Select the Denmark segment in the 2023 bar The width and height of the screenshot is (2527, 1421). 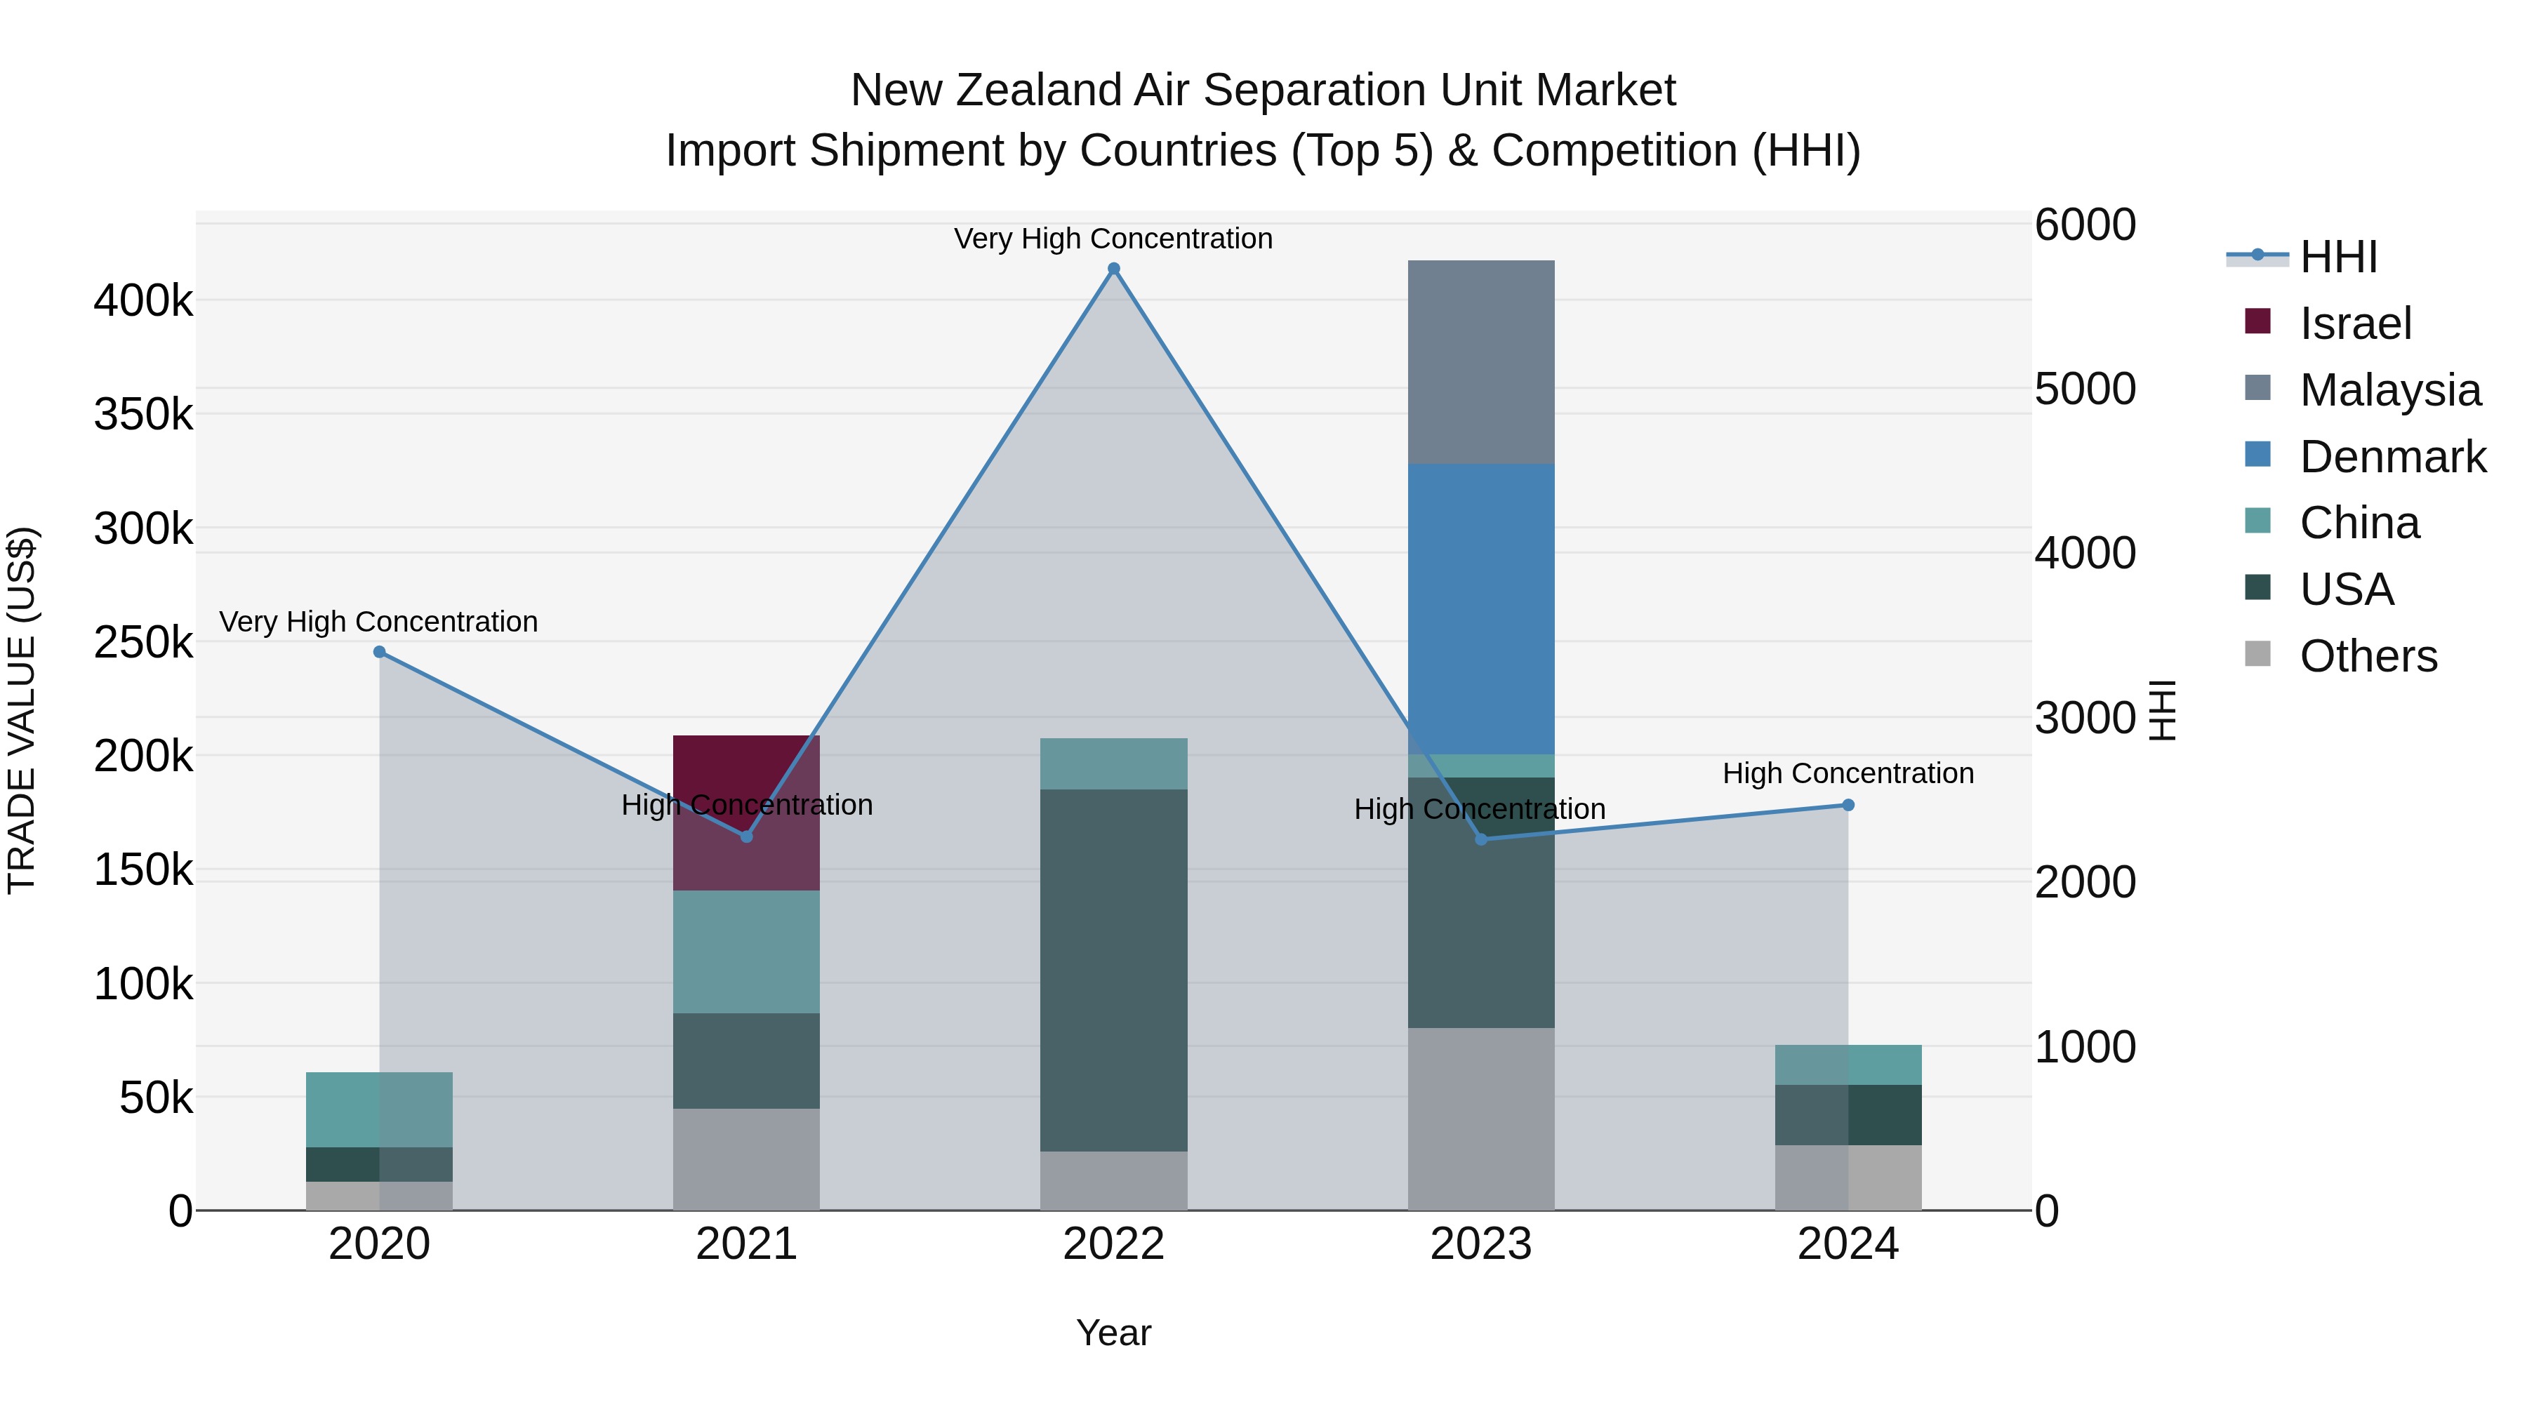click(x=1480, y=608)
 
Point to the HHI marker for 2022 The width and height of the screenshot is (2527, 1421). click(x=1113, y=269)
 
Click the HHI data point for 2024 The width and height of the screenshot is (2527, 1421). click(x=1848, y=805)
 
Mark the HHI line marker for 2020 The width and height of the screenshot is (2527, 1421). click(x=380, y=652)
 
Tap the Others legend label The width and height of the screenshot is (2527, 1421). click(x=2368, y=656)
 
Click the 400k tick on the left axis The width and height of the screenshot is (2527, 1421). click(x=143, y=300)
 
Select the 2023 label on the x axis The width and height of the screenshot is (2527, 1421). click(x=1480, y=1244)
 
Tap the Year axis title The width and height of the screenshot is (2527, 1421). click(x=1113, y=1333)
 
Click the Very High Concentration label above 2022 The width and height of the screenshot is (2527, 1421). click(x=1113, y=239)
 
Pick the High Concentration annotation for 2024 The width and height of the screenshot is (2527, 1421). click(x=1848, y=773)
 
